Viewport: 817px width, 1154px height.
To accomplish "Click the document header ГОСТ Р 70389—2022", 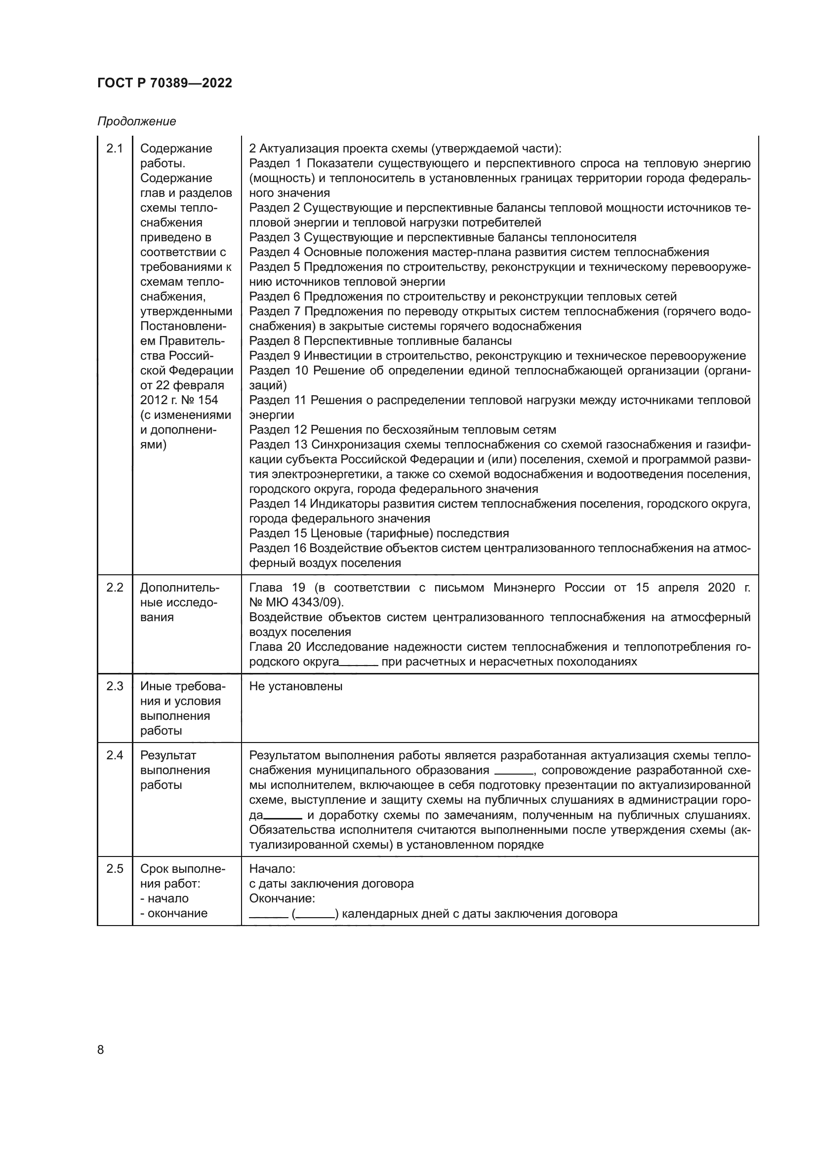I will [x=164, y=83].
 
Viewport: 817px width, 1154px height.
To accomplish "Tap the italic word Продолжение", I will [x=136, y=121].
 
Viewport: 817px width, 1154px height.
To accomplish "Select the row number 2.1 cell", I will [x=115, y=149].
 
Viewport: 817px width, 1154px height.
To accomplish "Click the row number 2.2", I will [x=115, y=588].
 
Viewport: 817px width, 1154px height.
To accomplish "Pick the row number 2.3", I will [x=115, y=686].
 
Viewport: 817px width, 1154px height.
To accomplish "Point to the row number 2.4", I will [x=115, y=755].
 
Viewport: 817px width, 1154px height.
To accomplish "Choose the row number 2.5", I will [x=115, y=868].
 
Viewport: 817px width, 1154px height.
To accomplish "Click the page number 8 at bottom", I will [x=101, y=1049].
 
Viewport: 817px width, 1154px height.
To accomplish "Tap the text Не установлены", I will [x=296, y=686].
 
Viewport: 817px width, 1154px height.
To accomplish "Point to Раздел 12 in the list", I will [x=278, y=430].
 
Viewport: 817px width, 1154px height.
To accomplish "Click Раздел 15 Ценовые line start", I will [x=278, y=533].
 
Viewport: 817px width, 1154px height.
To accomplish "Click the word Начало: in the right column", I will [x=272, y=868].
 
